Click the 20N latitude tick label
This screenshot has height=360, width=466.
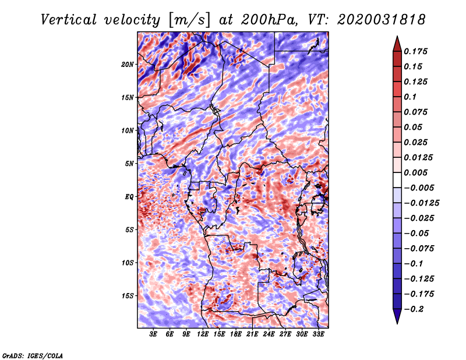point(128,65)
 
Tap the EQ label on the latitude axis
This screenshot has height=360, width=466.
point(129,197)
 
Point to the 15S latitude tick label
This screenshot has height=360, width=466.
point(128,296)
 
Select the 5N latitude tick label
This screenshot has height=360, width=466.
point(129,164)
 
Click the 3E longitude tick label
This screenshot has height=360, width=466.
point(153,334)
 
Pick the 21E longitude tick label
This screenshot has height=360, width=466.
point(252,334)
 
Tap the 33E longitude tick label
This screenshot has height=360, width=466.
point(318,334)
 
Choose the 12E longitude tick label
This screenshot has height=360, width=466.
point(203,334)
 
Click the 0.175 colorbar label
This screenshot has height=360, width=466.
point(415,51)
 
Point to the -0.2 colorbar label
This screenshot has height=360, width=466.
point(414,309)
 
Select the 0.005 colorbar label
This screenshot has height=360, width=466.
point(415,172)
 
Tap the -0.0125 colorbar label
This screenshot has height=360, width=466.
point(421,203)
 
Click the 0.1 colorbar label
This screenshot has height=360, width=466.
point(410,97)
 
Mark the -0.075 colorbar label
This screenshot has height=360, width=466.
point(419,249)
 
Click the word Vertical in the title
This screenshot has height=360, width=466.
point(69,20)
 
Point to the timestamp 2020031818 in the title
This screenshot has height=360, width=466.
point(382,20)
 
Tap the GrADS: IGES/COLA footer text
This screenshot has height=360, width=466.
point(33,355)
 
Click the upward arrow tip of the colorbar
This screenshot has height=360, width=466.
point(397,36)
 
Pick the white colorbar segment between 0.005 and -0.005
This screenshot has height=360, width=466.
point(397,180)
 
